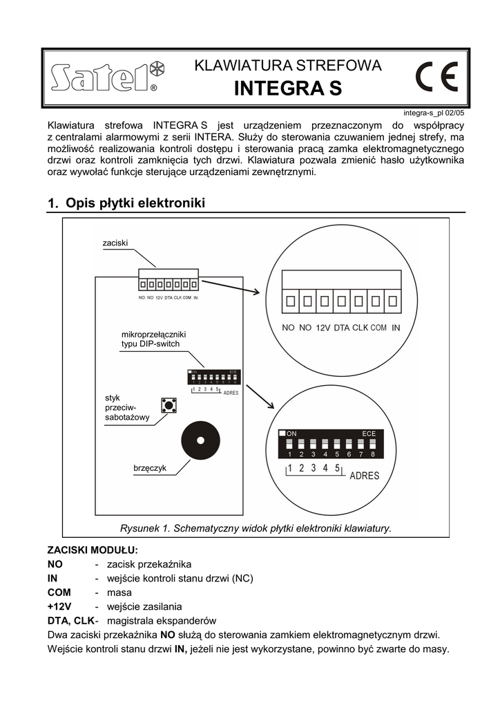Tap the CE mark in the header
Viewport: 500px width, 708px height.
[436, 78]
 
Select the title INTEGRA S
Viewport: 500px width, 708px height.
[287, 89]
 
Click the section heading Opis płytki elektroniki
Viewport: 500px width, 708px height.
[135, 203]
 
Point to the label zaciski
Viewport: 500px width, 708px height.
[115, 243]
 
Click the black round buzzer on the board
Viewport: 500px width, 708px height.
[200, 440]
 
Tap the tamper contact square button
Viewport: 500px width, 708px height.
[167, 404]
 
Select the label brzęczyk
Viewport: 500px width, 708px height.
[150, 469]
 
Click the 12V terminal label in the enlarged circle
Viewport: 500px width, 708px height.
[323, 328]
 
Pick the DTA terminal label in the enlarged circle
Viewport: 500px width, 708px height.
[342, 328]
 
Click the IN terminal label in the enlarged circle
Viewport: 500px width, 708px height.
[396, 328]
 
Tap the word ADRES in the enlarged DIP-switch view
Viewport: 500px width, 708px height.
[365, 476]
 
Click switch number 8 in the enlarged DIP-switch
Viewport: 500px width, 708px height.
[372, 445]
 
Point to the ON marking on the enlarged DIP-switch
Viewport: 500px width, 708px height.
[291, 434]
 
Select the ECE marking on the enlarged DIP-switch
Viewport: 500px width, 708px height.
[369, 434]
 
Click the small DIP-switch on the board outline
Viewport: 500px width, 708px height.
[213, 378]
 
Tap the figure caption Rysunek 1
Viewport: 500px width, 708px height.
[256, 528]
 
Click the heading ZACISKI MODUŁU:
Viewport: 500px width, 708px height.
[92, 550]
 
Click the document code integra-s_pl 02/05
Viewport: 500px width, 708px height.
[434, 113]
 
